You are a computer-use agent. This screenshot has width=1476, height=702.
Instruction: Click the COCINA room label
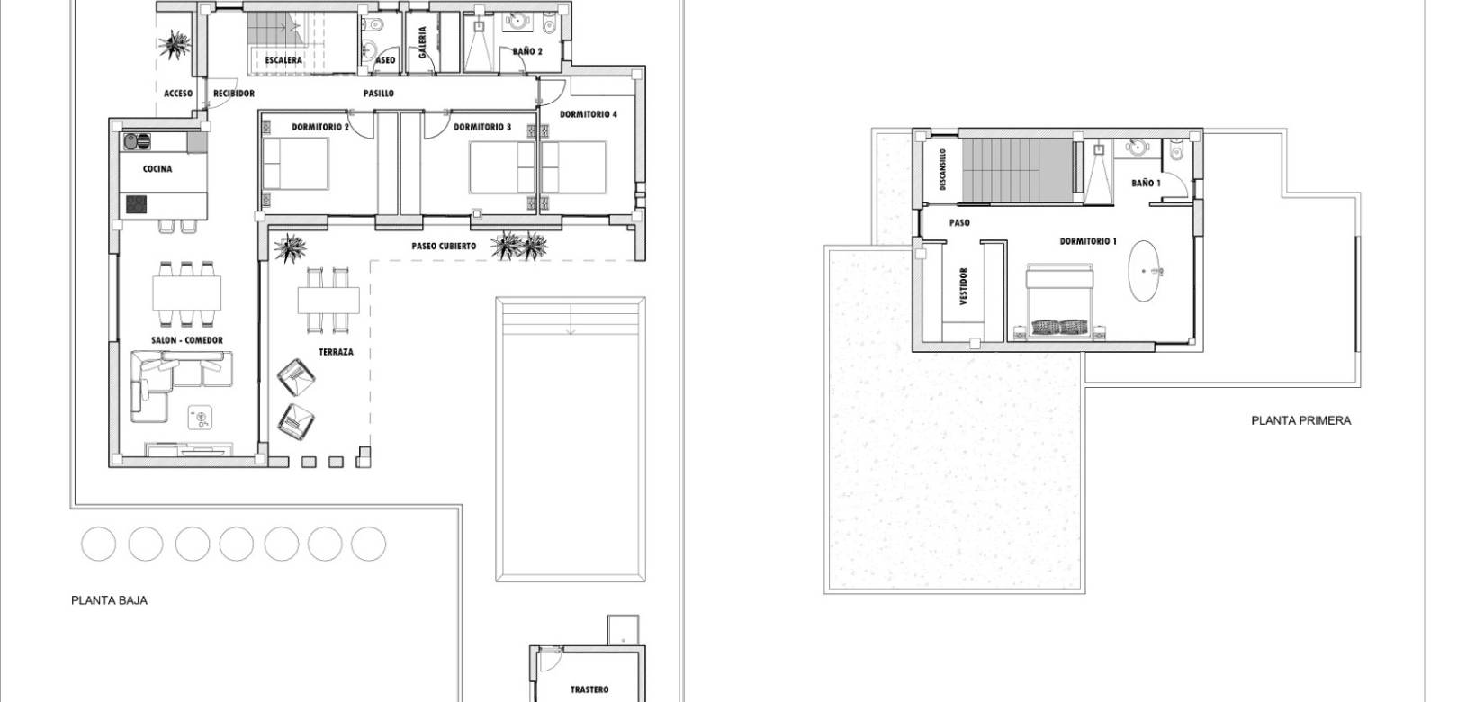[x=157, y=169]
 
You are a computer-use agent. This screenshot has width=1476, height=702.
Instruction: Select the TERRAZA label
[x=336, y=352]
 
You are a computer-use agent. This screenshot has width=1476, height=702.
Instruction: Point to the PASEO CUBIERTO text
[x=444, y=246]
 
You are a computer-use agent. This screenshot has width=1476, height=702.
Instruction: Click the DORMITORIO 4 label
[x=589, y=114]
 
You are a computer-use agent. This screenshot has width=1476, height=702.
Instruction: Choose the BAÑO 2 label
[x=527, y=52]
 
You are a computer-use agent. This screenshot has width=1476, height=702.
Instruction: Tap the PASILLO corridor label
[x=379, y=94]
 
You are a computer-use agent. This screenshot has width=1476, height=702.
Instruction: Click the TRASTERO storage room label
[x=589, y=689]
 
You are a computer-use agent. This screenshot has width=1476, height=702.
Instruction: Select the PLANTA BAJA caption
[x=109, y=600]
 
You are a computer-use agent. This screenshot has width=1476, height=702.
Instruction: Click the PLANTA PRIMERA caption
[x=1300, y=420]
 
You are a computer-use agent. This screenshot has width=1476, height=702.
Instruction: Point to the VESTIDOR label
[x=963, y=286]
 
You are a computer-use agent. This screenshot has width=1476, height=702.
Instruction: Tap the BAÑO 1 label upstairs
[x=1146, y=184]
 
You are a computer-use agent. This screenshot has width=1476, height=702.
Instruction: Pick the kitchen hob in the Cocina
[x=137, y=205]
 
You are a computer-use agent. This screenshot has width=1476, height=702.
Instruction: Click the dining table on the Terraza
[x=328, y=299]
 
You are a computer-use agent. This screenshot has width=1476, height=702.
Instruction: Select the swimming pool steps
[x=571, y=317]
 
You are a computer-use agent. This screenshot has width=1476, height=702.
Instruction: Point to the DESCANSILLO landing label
[x=942, y=170]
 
